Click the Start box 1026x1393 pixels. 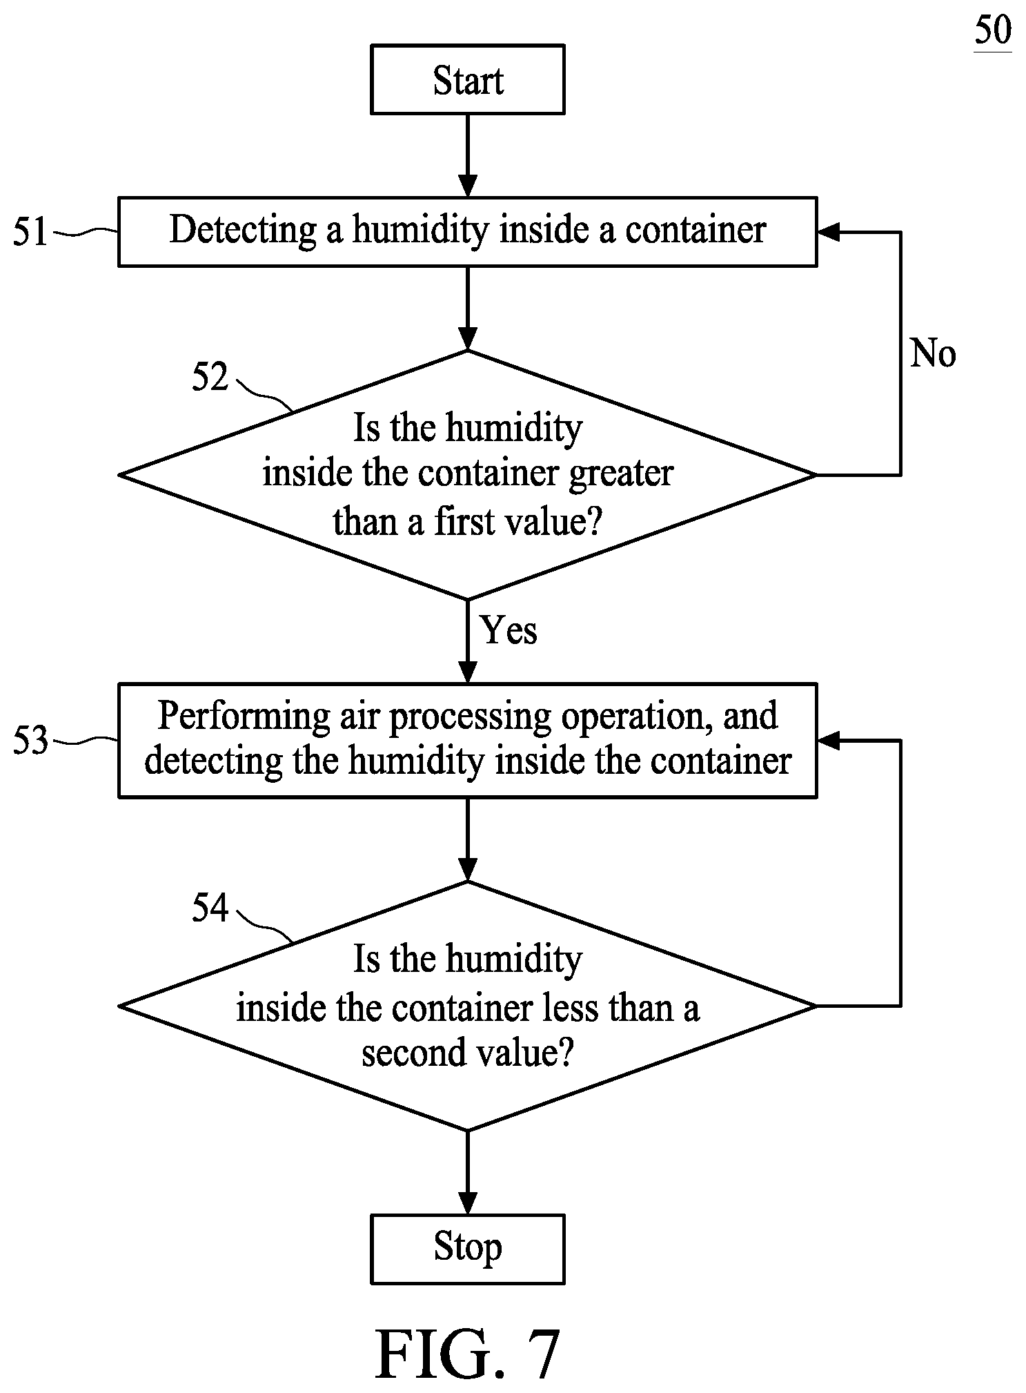click(468, 79)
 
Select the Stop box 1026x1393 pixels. click(468, 1249)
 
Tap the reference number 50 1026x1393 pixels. click(993, 31)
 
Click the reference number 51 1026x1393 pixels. click(30, 232)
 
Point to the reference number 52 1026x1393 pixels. click(210, 378)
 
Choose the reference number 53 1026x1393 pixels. click(30, 740)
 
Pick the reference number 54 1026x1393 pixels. click(210, 908)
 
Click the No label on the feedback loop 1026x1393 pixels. click(933, 353)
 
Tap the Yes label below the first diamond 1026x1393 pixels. click(509, 630)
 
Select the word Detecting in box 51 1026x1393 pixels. click(243, 230)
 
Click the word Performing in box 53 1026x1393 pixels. click(244, 716)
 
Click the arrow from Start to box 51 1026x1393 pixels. click(468, 155)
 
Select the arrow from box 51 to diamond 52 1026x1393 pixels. click(468, 309)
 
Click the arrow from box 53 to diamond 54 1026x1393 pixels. click(468, 839)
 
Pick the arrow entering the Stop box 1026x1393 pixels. click(468, 1172)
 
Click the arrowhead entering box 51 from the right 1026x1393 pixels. click(828, 232)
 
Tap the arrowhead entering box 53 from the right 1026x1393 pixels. click(828, 740)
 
